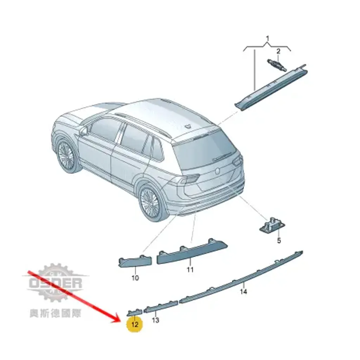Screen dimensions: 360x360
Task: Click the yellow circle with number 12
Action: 135,324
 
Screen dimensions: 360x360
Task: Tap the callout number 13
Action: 155,320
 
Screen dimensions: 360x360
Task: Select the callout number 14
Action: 243,291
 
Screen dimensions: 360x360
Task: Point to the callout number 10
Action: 135,278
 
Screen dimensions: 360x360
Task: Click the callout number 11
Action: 190,269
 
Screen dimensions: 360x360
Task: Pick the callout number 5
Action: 279,240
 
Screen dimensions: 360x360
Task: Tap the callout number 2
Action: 278,51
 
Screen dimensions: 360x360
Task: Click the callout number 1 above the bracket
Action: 267,39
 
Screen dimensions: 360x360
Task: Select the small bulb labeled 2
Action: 277,65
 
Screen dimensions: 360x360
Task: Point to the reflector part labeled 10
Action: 135,262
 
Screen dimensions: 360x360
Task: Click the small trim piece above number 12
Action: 135,313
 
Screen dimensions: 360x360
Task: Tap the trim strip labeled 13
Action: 161,307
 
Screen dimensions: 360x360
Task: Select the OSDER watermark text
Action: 56,283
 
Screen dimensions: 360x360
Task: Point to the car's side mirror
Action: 84,130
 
